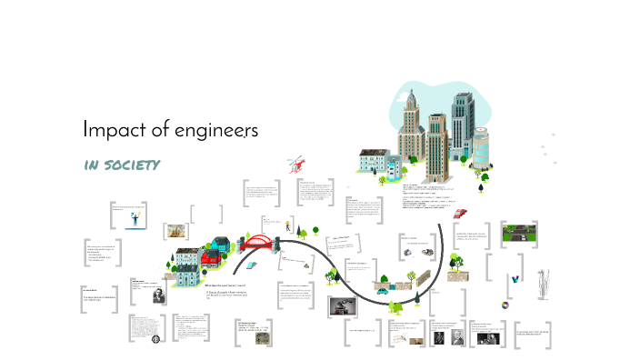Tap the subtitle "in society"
(122, 165)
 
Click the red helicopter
(295, 166)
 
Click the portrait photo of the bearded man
(155, 296)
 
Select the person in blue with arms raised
(135, 218)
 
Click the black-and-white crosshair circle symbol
(155, 340)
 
